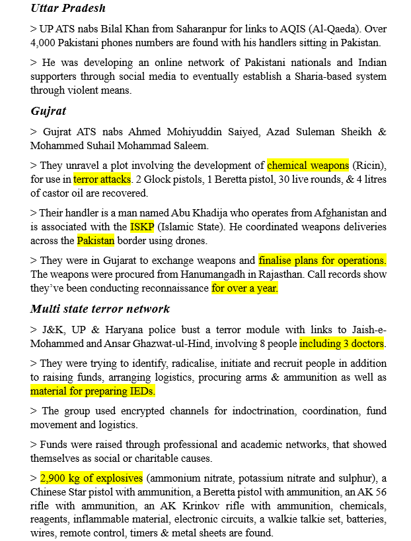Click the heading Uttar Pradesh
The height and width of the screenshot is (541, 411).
pyautogui.click(x=68, y=9)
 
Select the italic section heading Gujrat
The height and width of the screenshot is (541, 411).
pyautogui.click(x=48, y=111)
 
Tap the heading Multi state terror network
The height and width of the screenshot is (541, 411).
pyautogui.click(x=100, y=308)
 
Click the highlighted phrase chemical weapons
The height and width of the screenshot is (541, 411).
pyautogui.click(x=307, y=165)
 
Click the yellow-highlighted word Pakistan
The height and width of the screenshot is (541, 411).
pyautogui.click(x=96, y=240)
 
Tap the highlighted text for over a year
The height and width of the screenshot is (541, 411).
pyautogui.click(x=245, y=288)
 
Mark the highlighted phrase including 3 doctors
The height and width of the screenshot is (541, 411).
pyautogui.click(x=342, y=344)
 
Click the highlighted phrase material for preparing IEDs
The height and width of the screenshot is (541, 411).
pyautogui.click(x=93, y=391)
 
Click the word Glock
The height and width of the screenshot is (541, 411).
pyautogui.click(x=170, y=179)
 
